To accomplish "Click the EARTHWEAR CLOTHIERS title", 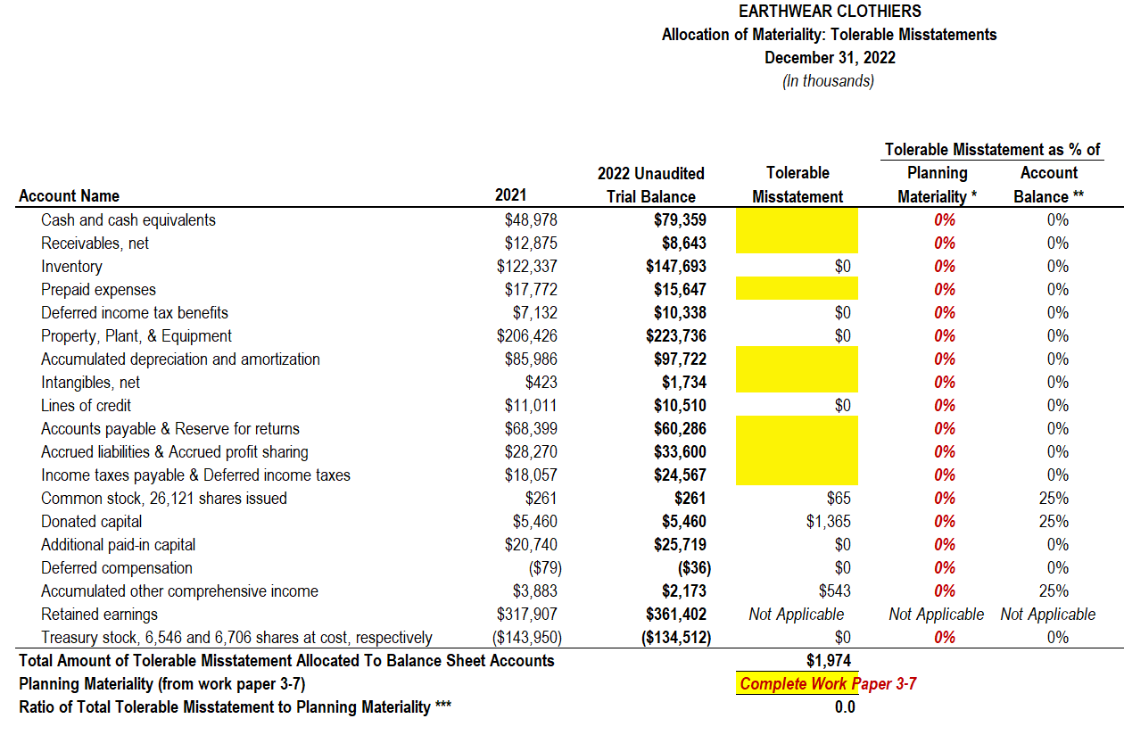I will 830,12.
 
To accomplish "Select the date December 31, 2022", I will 830,58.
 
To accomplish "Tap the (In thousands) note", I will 829,81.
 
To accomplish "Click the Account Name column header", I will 69,196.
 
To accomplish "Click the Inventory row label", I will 71,267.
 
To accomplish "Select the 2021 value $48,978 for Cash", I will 530,220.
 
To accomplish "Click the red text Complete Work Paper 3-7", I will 828,684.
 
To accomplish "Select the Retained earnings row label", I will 99,615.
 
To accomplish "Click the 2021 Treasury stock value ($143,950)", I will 526,638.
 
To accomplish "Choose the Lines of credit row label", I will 86,406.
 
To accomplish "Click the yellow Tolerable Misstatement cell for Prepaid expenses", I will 797,290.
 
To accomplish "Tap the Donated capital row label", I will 91,522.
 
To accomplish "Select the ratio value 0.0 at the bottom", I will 845,707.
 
